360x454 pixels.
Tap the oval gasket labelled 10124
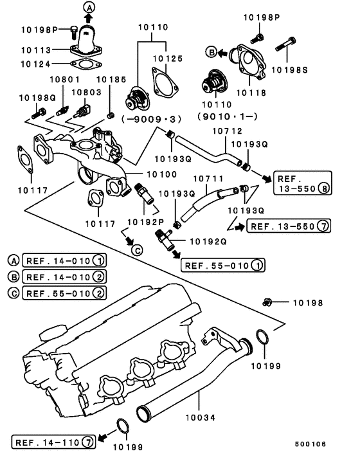(80, 64)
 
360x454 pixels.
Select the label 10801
(64, 80)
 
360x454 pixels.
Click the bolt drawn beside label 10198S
(285, 46)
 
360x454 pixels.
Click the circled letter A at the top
(89, 7)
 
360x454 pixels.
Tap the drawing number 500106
(310, 444)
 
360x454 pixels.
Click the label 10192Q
(206, 242)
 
